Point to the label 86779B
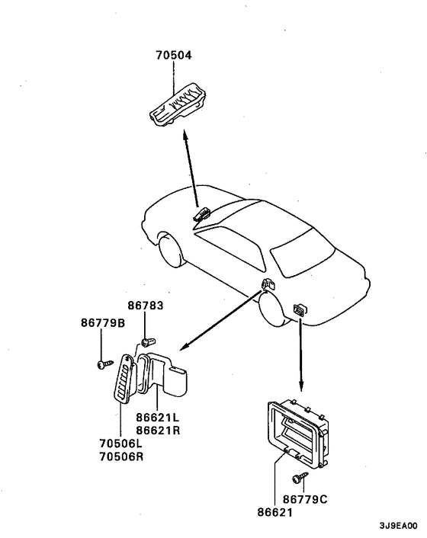coord(103,322)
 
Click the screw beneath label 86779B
coord(101,365)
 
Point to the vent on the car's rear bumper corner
coord(299,308)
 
